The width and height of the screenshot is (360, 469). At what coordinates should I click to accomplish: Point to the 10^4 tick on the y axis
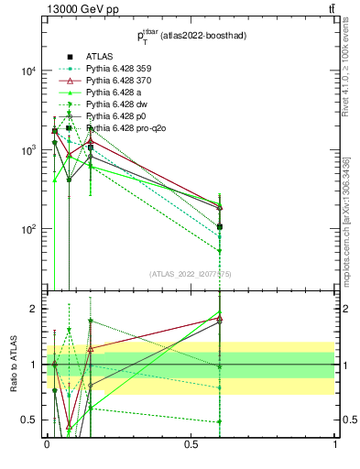click(27, 71)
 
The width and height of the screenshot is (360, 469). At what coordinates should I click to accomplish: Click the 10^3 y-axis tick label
click(27, 150)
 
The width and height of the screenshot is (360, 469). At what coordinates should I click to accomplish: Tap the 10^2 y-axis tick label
click(27, 229)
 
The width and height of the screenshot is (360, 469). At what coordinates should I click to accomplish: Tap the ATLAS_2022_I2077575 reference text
click(191, 274)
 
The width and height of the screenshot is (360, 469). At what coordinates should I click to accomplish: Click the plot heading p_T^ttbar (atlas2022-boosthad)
click(191, 38)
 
